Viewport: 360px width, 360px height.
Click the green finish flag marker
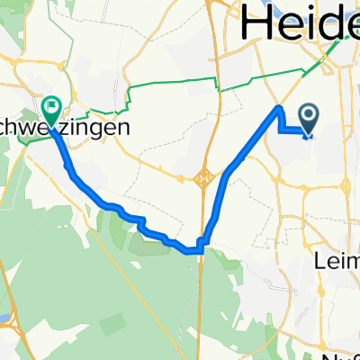[x=50, y=110]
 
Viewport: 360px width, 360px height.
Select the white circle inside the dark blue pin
[x=308, y=113]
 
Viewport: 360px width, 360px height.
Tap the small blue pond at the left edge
[x=4, y=317]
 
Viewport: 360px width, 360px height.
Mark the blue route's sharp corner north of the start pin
[x=279, y=109]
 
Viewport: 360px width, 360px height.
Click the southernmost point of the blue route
[x=193, y=250]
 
